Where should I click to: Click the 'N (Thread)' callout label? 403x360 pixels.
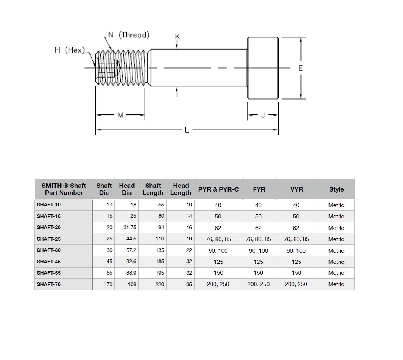click(x=129, y=35)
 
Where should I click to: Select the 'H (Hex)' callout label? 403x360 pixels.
click(x=70, y=50)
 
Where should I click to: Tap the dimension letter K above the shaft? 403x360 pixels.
click(x=177, y=37)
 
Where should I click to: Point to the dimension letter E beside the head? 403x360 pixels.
click(x=300, y=68)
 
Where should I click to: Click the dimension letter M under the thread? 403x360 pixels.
click(x=120, y=115)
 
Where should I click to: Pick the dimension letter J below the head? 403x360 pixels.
click(x=263, y=115)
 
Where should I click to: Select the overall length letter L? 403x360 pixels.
click(x=187, y=130)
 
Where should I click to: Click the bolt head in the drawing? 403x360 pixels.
click(x=263, y=68)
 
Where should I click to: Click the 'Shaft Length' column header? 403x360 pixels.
click(x=153, y=189)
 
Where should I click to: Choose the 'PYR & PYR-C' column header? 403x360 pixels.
click(x=218, y=189)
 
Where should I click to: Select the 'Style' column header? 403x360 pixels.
click(x=336, y=189)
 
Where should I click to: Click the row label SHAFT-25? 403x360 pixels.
click(x=49, y=239)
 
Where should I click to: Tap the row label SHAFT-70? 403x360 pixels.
click(x=49, y=284)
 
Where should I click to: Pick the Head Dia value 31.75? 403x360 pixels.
click(x=130, y=228)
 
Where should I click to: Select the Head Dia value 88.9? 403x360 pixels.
click(x=131, y=273)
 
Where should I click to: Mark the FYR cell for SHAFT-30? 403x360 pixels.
click(x=258, y=250)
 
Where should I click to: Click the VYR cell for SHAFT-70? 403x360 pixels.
click(x=296, y=284)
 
